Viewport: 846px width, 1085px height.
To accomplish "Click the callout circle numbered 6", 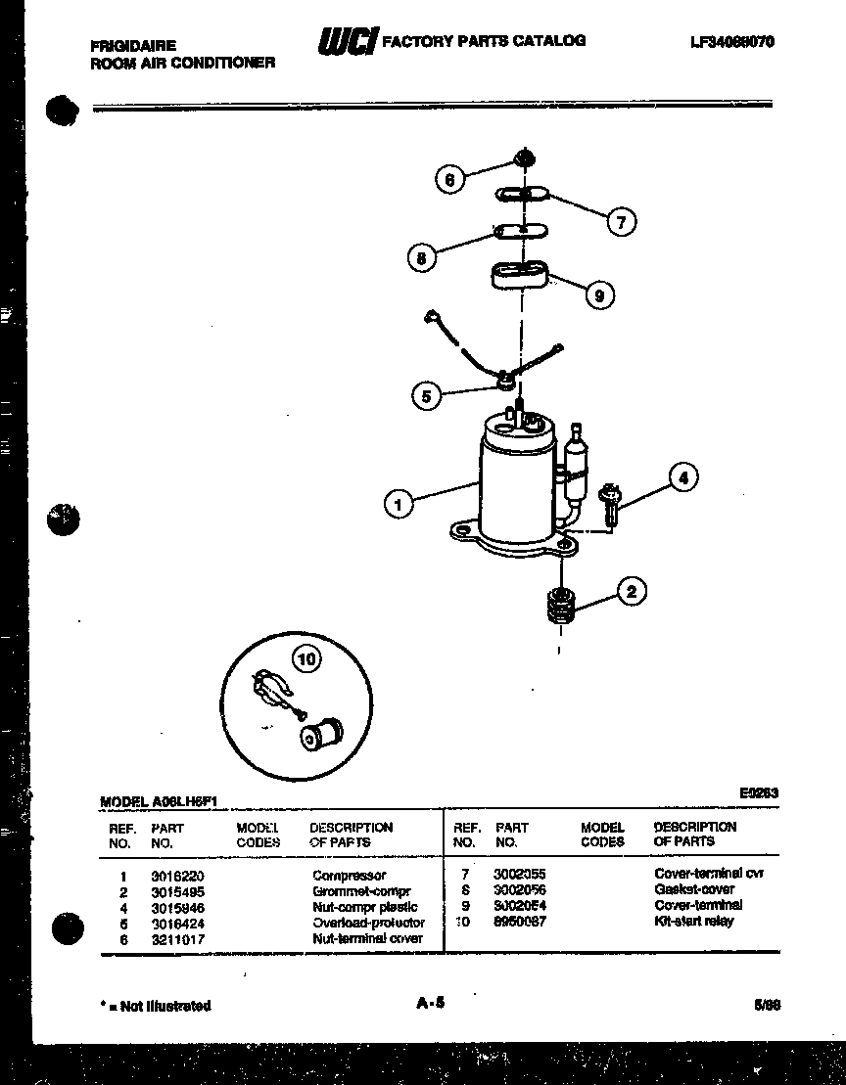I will click(449, 179).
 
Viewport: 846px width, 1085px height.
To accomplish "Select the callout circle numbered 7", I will click(620, 222).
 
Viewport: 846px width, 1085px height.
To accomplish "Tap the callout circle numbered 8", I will click(421, 258).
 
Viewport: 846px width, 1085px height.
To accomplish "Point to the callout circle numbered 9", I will click(599, 294).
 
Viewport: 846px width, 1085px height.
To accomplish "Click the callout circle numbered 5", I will click(425, 396).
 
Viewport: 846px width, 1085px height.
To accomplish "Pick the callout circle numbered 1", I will click(398, 505).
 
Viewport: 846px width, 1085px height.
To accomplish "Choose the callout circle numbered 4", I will click(683, 478).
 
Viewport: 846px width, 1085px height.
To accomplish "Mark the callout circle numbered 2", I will click(632, 591).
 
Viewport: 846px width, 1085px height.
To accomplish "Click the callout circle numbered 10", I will click(306, 660).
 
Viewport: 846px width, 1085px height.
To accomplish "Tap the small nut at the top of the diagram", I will click(524, 157).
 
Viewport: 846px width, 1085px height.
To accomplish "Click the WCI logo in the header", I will click(345, 41).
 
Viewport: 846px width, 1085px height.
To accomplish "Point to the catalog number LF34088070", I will click(731, 42).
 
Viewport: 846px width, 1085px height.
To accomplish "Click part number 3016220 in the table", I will click(177, 876).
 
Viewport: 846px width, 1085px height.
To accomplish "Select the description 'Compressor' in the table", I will click(349, 876).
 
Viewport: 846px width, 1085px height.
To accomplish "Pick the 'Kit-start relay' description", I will click(692, 922).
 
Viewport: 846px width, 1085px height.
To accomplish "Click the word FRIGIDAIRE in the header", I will click(133, 46).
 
